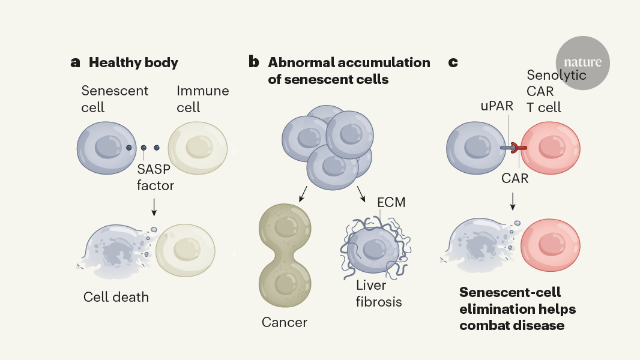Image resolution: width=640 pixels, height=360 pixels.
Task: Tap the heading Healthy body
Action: [x=133, y=62]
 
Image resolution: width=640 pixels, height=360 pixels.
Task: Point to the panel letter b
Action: [x=254, y=62]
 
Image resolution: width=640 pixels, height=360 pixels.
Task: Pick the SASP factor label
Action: [x=155, y=178]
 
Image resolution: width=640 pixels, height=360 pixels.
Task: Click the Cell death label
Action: [x=116, y=297]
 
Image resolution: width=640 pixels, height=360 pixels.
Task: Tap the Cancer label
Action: [x=284, y=322]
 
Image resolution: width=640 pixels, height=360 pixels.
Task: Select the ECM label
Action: [x=391, y=203]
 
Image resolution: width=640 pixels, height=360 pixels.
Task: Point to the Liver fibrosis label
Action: [x=378, y=293]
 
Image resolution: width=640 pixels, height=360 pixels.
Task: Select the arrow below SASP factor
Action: [x=154, y=206]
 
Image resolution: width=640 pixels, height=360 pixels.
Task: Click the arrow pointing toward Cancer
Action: [x=303, y=194]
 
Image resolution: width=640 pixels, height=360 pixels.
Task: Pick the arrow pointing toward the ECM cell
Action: [x=362, y=194]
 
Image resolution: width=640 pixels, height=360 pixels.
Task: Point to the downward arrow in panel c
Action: [x=512, y=201]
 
